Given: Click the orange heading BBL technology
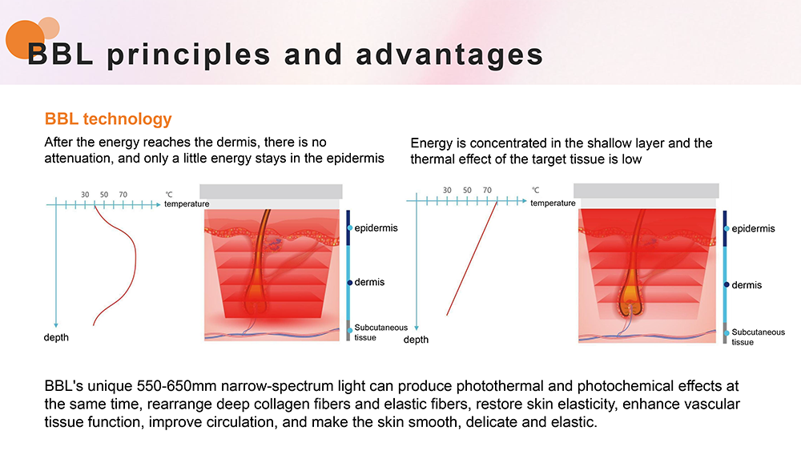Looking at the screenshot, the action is tap(108, 119).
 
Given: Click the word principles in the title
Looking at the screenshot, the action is tap(188, 54).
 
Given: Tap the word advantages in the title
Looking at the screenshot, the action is tap(449, 54).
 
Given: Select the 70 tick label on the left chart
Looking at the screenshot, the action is tap(123, 195).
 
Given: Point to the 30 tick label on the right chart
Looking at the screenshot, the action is tap(447, 190).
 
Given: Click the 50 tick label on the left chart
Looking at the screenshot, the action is tap(104, 195).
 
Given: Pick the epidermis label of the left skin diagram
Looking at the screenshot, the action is tap(376, 228).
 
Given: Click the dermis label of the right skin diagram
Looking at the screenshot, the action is tap(747, 285).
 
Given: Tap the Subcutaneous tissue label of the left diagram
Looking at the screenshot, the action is tap(381, 332).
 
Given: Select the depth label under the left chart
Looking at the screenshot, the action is tap(56, 337).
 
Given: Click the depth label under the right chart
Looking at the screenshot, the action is tap(416, 340).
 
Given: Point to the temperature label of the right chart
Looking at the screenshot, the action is tap(553, 203).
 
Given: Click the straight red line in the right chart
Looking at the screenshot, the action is tap(472, 259).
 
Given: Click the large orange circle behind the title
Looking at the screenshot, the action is tap(25, 40).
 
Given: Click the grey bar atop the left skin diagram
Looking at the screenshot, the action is tap(271, 191).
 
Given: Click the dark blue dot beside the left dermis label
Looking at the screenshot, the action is tap(350, 283).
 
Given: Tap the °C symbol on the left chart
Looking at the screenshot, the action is tap(169, 194).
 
